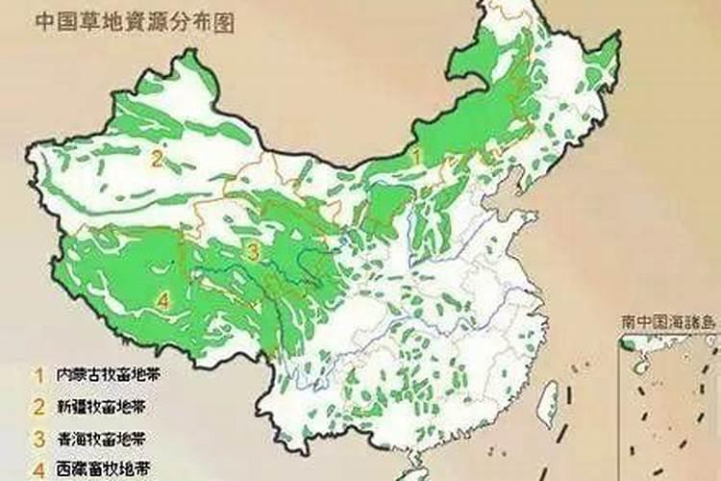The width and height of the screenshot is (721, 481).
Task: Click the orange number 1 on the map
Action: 415,153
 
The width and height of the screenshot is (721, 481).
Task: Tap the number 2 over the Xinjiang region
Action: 155,159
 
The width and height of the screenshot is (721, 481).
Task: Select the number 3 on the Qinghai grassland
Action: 253,253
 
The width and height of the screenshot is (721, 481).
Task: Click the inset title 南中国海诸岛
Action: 669,321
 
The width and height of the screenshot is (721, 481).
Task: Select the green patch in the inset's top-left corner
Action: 627,343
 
